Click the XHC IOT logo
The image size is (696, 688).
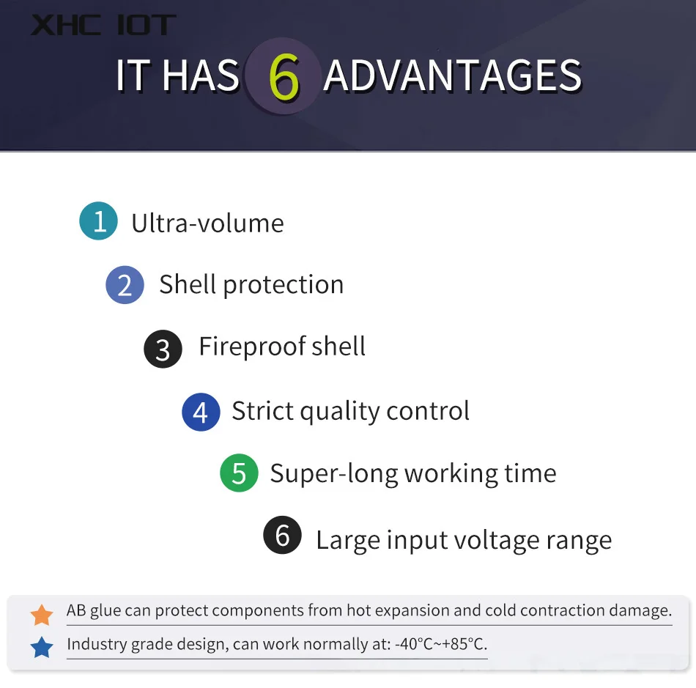(103, 25)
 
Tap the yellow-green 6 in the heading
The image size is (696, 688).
(284, 77)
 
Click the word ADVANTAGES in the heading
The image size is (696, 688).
(452, 76)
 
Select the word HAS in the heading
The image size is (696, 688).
(201, 75)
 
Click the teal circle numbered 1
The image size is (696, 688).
(99, 221)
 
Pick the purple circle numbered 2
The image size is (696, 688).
(125, 284)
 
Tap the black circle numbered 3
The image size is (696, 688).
(163, 349)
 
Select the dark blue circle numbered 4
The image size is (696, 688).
(201, 412)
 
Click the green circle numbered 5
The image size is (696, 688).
(240, 473)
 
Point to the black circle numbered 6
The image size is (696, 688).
(282, 535)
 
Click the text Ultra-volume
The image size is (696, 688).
(208, 223)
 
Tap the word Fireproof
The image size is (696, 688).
(252, 347)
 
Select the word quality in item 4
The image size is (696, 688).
(339, 412)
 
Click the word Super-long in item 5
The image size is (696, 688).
(334, 474)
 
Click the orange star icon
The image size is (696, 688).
(42, 615)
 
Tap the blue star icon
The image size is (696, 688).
(42, 647)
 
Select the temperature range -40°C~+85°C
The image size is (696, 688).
(441, 643)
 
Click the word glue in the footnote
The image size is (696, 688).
(105, 611)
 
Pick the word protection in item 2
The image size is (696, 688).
(284, 285)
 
